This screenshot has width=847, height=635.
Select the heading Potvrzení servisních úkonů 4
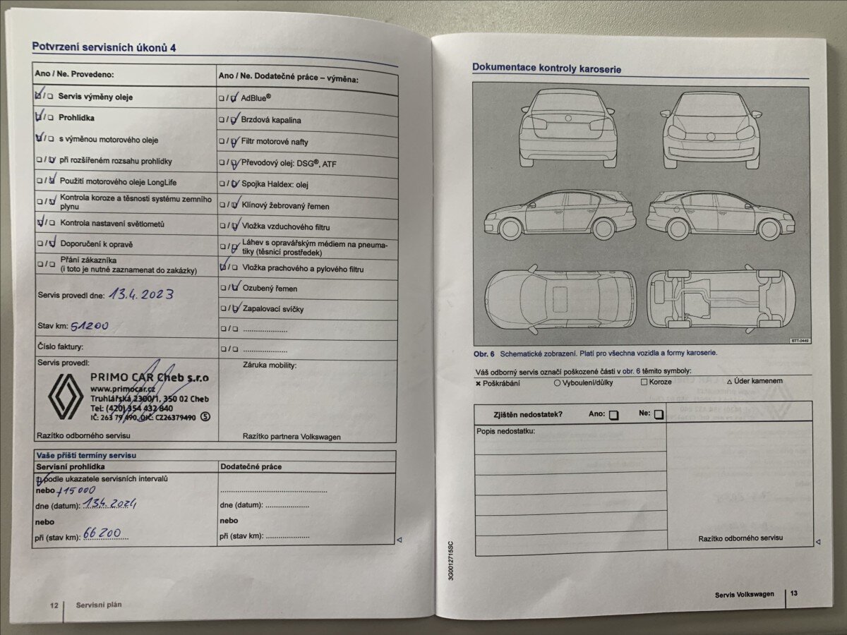coord(103,47)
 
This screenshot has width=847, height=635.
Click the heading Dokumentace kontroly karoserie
coord(546,68)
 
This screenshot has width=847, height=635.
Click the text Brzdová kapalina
coord(271,121)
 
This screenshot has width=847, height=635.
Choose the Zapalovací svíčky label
coord(273,309)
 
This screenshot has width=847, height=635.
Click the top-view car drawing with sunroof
coord(560,299)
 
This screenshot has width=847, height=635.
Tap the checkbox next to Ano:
coord(613,415)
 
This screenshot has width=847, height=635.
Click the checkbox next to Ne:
coord(659,415)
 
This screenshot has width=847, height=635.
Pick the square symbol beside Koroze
coord(644,382)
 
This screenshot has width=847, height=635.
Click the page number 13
coord(794,594)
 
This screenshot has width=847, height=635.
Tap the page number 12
coord(54,605)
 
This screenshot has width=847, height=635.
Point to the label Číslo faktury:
coord(61,346)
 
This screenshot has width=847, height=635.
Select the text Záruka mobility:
coord(270,365)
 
